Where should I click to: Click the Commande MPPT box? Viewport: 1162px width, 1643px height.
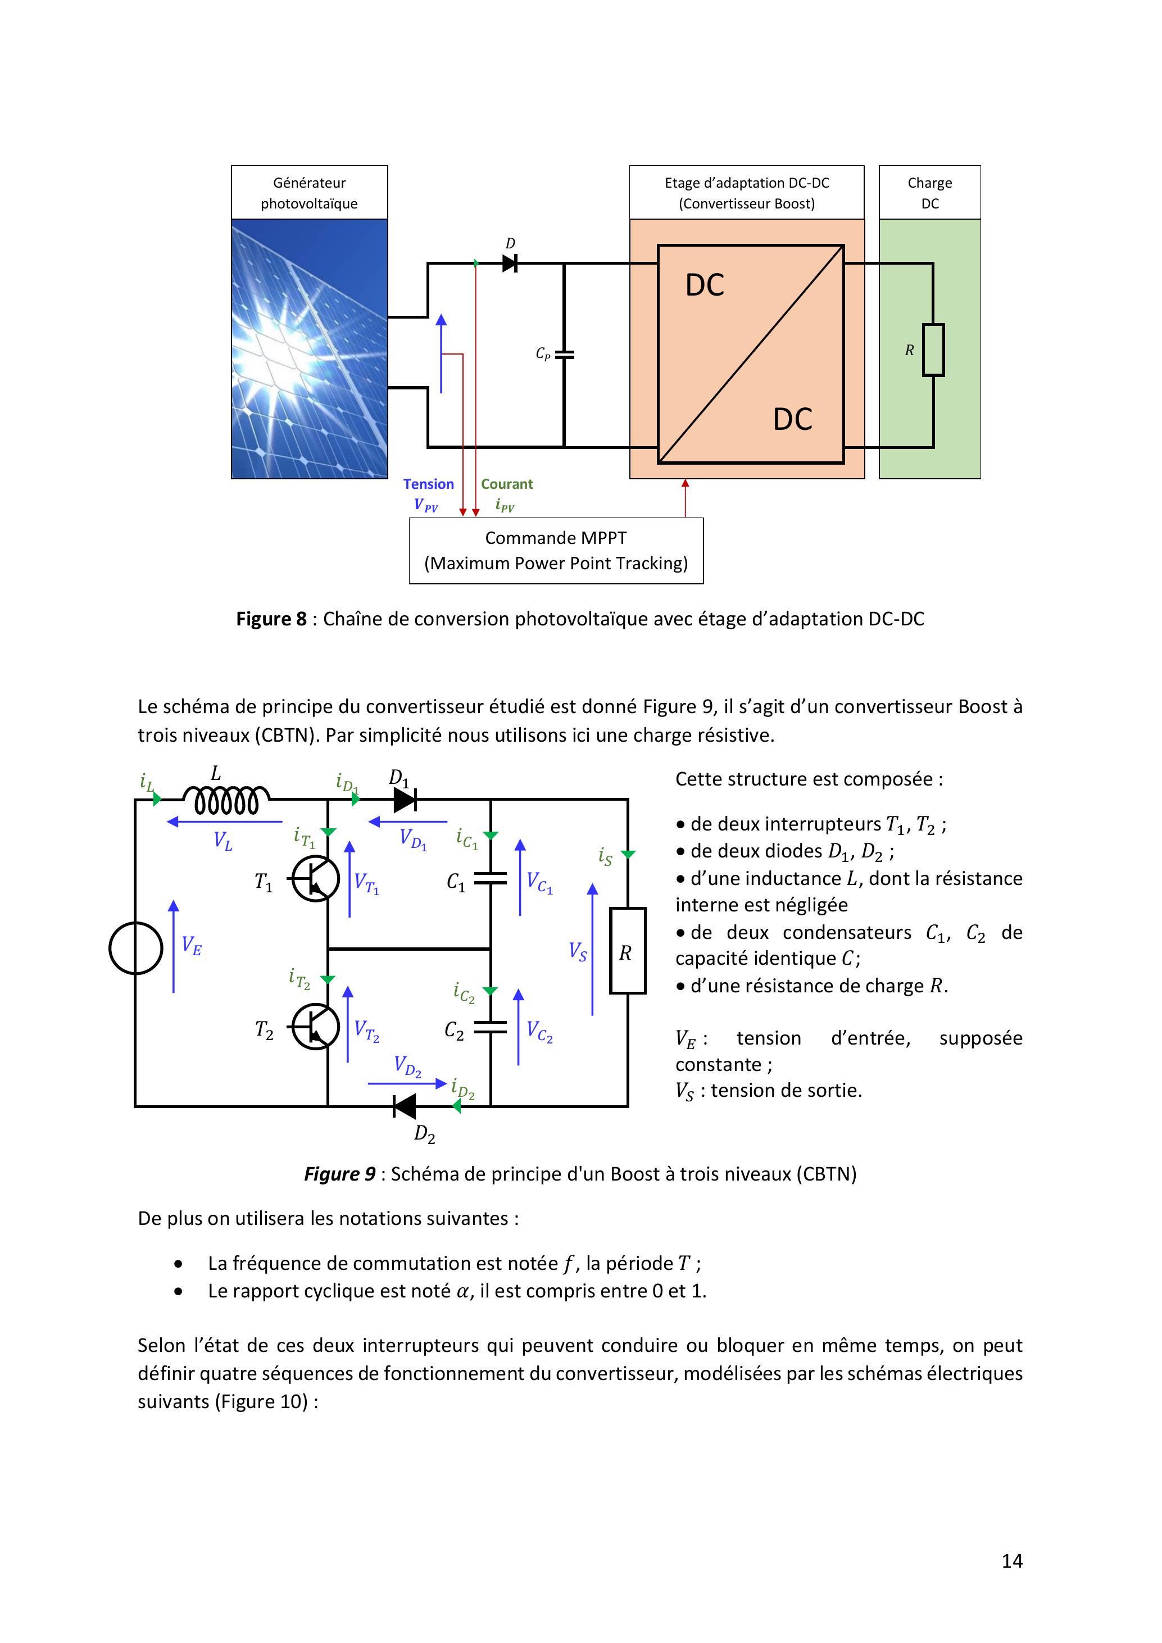(556, 550)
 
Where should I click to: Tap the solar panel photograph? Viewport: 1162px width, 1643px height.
(309, 348)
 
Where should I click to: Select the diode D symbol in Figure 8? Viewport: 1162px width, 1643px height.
(510, 264)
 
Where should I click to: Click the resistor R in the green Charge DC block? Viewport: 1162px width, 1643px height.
(933, 350)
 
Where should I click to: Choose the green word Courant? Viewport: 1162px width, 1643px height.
(507, 484)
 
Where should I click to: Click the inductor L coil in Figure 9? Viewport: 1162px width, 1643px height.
(226, 800)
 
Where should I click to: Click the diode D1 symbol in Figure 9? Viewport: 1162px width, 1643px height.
(405, 800)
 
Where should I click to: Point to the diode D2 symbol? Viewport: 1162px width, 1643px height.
(405, 1106)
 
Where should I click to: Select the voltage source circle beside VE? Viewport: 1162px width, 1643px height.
(135, 948)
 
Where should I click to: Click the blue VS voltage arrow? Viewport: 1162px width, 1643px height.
(592, 949)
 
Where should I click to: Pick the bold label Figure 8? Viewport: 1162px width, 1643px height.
(271, 619)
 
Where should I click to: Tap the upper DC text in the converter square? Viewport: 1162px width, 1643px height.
(705, 285)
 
